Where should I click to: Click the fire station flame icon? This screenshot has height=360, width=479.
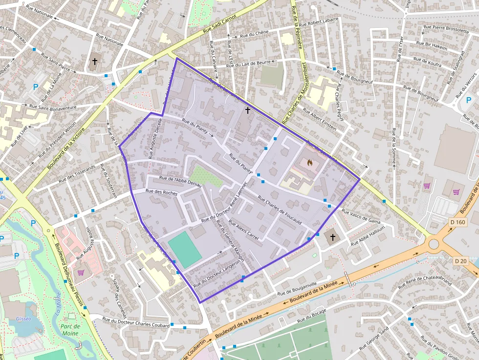pyautogui.click(x=309, y=163)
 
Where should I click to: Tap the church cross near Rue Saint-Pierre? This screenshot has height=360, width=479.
pyautogui.click(x=95, y=62)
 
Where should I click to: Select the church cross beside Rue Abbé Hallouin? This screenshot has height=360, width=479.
pyautogui.click(x=333, y=237)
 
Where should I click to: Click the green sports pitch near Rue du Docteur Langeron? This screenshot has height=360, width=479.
pyautogui.click(x=184, y=250)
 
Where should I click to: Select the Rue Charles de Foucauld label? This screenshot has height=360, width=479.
pyautogui.click(x=279, y=211)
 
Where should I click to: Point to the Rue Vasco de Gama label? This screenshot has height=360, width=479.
pyautogui.click(x=361, y=216)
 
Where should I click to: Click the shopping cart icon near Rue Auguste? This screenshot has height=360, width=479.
pyautogui.click(x=81, y=273)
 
